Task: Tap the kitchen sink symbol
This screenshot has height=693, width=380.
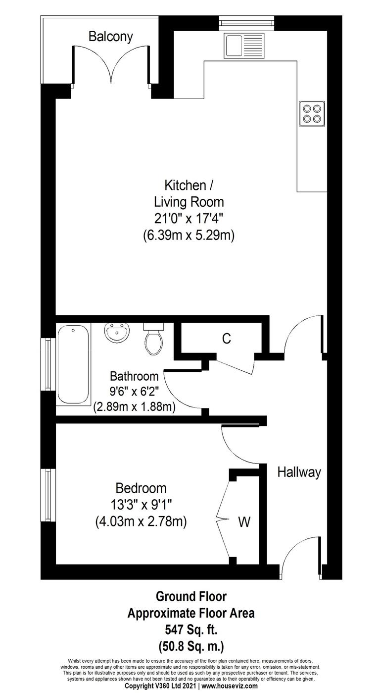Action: coord(245,45)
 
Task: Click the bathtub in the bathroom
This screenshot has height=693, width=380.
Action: coord(73,364)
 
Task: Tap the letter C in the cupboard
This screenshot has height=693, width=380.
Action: coord(226,339)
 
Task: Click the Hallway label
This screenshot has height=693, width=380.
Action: coord(299,472)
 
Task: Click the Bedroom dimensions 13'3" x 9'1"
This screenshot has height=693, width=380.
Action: coord(141,505)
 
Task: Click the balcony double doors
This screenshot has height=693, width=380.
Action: coord(111,66)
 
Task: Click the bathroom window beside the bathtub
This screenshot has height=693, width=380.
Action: coord(48,363)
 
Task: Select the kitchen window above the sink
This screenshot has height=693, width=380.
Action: coord(245,21)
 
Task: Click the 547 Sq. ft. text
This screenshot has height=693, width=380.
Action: coord(191,630)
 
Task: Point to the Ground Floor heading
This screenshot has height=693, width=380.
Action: coord(191,596)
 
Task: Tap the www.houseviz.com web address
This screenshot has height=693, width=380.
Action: coord(230,686)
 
